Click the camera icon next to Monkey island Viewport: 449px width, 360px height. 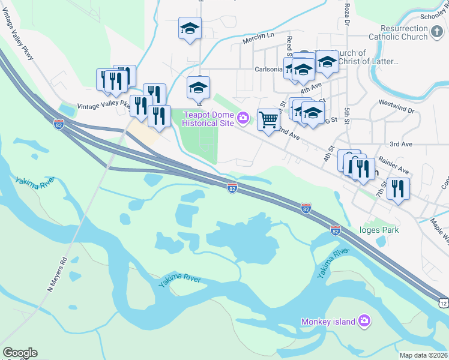pos(364,322)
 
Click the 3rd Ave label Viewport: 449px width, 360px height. pos(401,144)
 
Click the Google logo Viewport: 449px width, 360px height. pos(20,353)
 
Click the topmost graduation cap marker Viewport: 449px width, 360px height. pos(190,29)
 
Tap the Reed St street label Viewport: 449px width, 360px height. pos(289,44)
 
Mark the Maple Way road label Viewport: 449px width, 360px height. pos(439,226)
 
